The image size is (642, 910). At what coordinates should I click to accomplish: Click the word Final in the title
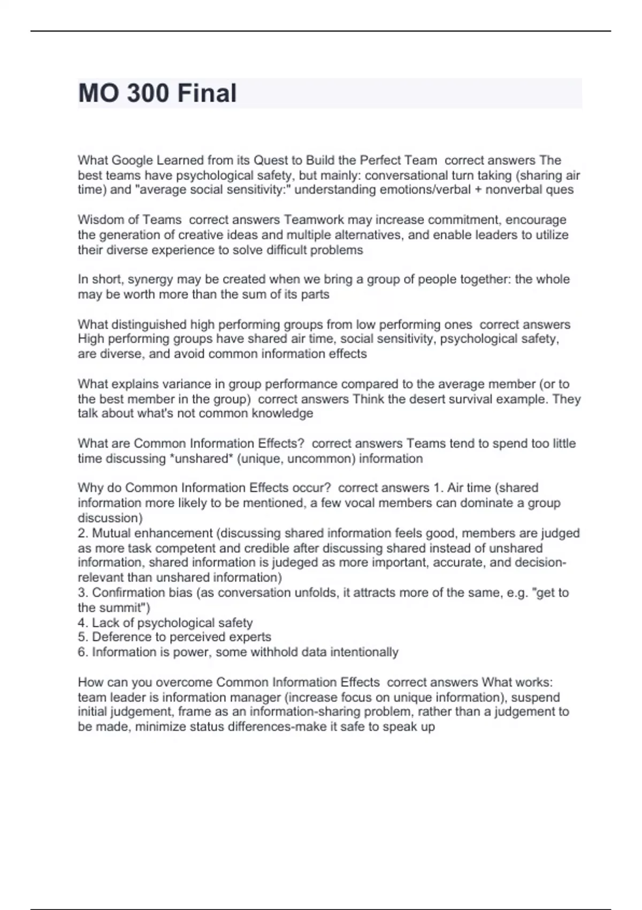pyautogui.click(x=207, y=93)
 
